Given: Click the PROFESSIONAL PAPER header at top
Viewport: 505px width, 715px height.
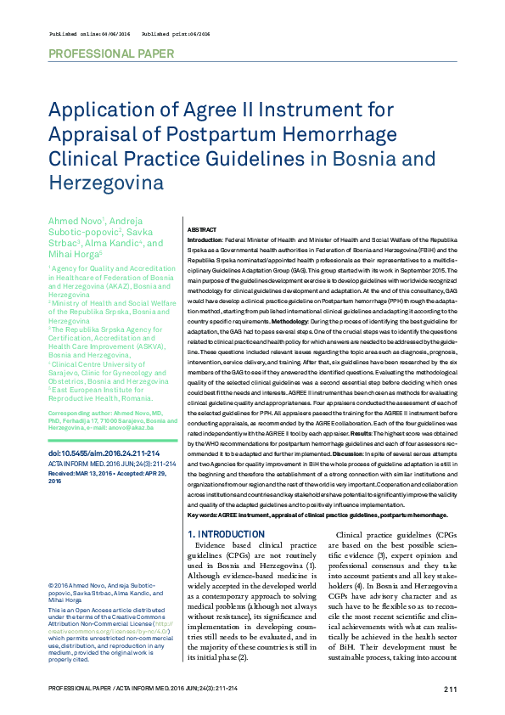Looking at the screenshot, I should pos(111,53).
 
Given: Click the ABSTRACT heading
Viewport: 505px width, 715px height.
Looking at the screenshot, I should pos(201,230).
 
